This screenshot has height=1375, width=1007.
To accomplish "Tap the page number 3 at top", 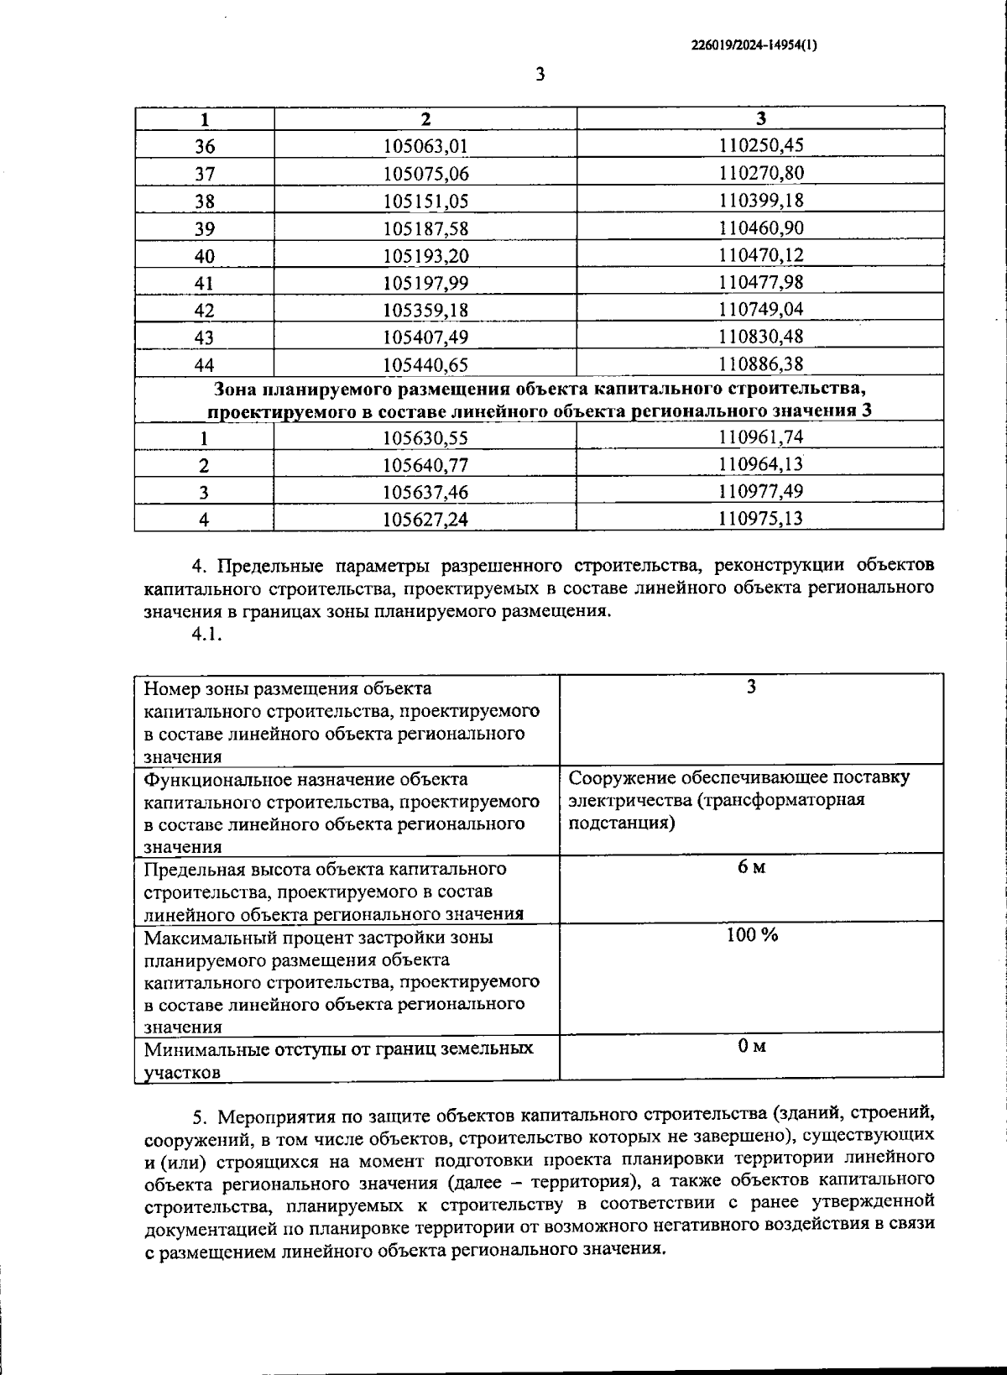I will click(540, 75).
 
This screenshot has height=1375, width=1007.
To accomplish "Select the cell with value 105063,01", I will click(425, 146).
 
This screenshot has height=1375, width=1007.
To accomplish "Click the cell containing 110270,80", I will click(760, 174).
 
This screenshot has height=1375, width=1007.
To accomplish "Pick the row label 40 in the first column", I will click(204, 256).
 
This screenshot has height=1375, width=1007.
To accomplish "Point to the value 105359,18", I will click(425, 310).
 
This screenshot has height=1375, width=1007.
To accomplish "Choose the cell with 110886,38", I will click(760, 363).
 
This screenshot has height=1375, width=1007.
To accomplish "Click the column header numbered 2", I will click(425, 118).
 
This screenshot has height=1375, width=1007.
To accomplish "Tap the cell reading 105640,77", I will click(425, 465).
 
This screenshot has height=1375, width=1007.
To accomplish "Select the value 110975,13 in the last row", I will click(760, 518).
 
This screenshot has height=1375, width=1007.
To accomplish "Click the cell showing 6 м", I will click(751, 867).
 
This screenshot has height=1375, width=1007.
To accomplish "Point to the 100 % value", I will click(751, 935).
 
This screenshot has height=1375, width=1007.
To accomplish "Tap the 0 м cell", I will click(751, 1046).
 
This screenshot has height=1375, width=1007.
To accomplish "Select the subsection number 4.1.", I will click(206, 635).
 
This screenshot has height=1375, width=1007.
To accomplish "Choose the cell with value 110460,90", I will click(760, 228).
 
